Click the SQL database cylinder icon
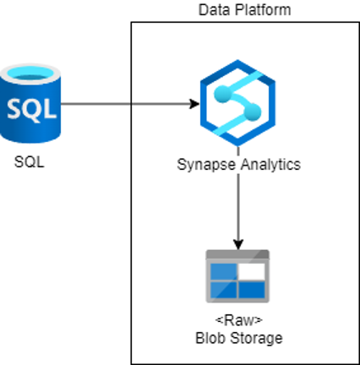pos(30,103)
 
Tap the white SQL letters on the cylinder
pos(31,109)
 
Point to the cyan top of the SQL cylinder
pos(30,74)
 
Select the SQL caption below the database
pos(30,162)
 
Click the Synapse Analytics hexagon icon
pos(237,103)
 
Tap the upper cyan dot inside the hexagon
pos(223,94)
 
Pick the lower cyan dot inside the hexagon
pos(253,112)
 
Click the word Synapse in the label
pos(206,165)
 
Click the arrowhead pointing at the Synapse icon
pos(194,104)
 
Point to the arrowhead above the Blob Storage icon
pos(238,244)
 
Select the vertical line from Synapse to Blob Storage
pos(238,198)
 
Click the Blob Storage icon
pos(237,276)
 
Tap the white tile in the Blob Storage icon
pos(252,271)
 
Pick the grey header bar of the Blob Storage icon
pos(237,254)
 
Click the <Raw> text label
pos(239,320)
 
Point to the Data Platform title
pos(245,10)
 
